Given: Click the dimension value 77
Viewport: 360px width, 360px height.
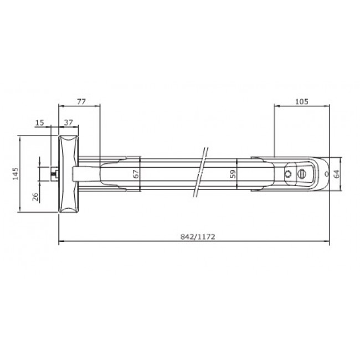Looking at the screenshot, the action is [x=81, y=101].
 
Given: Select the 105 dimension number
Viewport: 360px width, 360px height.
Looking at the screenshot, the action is [x=301, y=101].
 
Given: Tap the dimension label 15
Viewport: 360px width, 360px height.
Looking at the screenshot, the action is [x=39, y=122].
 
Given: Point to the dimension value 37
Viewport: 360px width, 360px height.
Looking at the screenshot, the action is [x=69, y=122].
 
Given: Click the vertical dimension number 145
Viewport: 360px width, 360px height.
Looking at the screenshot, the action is [x=16, y=173].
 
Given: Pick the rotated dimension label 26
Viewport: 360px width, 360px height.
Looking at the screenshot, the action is [x=35, y=197].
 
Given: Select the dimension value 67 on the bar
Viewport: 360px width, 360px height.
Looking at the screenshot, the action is [x=136, y=174].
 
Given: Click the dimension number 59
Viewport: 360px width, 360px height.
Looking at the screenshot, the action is [x=233, y=174].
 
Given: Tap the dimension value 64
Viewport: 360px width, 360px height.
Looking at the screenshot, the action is [x=336, y=174].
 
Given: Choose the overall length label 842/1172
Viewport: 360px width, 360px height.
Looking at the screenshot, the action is [x=198, y=236].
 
